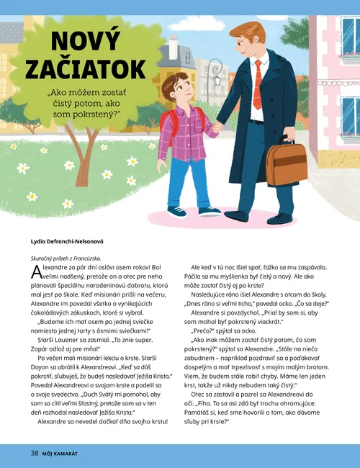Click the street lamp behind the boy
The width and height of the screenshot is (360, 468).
[x=215, y=72]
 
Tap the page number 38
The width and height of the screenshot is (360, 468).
[x=34, y=453]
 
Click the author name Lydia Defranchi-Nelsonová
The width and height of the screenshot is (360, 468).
[x=68, y=241]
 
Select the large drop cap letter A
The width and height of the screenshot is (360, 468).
[x=37, y=272]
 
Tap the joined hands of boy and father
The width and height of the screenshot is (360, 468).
[x=217, y=128]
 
